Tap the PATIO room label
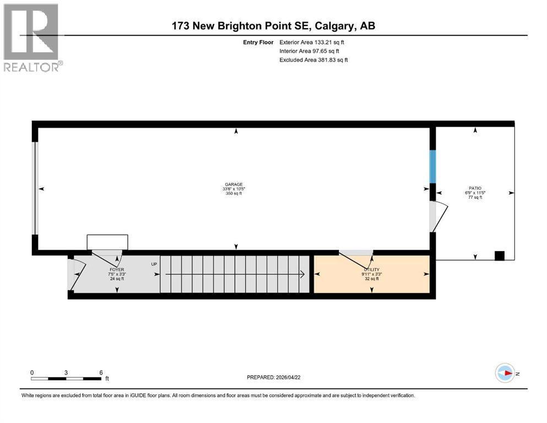point(475,188)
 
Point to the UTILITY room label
point(370,270)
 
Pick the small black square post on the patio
point(499,256)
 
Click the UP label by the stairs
point(155,264)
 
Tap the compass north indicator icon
point(505,373)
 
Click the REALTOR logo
point(31,37)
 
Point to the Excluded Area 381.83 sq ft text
point(313,60)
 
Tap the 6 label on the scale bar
point(100,372)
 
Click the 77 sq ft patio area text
point(475,197)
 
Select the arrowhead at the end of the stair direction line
point(303,274)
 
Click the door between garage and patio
point(438,217)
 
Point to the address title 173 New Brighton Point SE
point(274,25)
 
